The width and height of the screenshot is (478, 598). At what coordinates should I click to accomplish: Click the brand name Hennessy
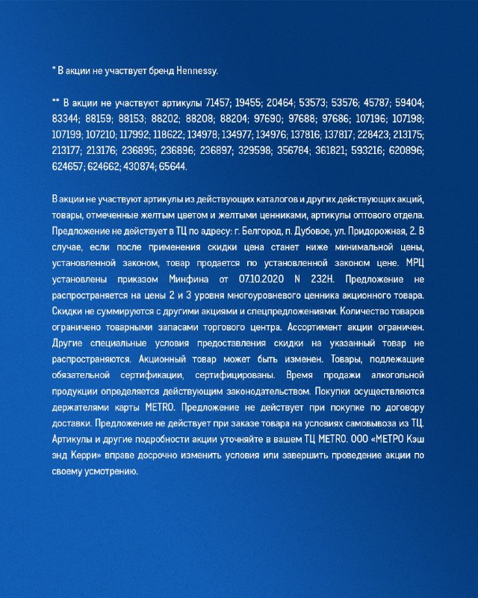tap(197, 71)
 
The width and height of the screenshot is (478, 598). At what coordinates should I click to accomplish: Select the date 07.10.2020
tap(258, 279)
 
